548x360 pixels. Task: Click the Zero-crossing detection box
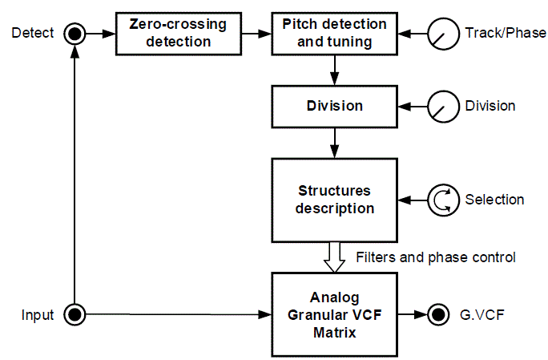coord(179,33)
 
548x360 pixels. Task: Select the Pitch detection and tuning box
coord(334,33)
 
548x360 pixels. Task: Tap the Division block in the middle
coord(334,106)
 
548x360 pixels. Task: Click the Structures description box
coord(334,200)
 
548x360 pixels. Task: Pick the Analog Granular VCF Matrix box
coord(334,314)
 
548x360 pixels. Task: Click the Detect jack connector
coord(75,33)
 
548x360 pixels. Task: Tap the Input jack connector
coord(75,314)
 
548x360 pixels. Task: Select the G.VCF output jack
coord(437,314)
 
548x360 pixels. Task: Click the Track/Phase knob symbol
coord(440,33)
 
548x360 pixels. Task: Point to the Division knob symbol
coord(440,106)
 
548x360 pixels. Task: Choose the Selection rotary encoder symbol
coord(440,200)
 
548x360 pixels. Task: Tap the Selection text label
coord(494,200)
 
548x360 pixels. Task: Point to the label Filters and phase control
coord(435,257)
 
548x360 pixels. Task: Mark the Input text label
coord(38,314)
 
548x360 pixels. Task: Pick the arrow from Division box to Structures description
coord(334,144)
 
